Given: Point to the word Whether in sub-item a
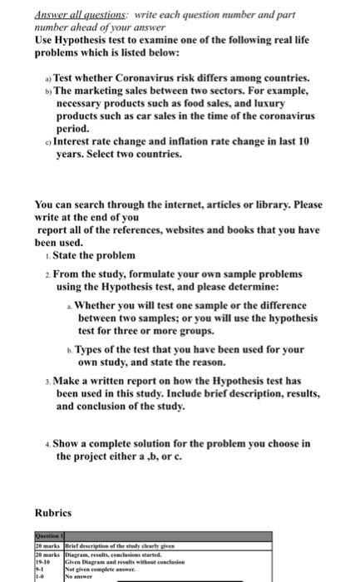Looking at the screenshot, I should click(101, 305).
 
